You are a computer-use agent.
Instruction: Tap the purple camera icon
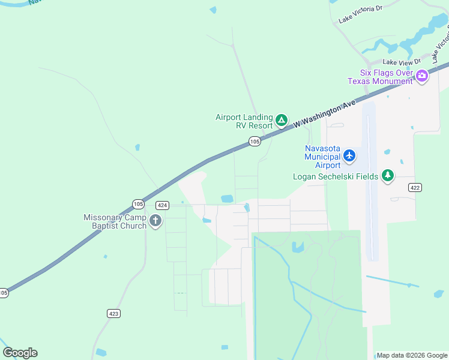[x=422, y=76]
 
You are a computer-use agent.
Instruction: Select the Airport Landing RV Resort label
[x=244, y=121]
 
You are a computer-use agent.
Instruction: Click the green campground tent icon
[x=281, y=121]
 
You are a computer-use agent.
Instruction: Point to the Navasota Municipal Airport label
[x=322, y=157]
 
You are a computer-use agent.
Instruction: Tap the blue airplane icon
[x=349, y=157]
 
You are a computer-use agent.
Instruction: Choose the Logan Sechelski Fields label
[x=336, y=176]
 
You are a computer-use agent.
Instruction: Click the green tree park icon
[x=388, y=175]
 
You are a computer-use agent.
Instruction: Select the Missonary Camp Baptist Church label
[x=115, y=221]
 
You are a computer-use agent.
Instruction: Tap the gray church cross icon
[x=155, y=221]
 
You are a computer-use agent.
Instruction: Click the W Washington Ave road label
[x=325, y=114]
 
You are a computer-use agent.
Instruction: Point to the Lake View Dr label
[x=402, y=61]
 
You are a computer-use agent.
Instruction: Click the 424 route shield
[x=162, y=205]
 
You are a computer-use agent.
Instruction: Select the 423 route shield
[x=114, y=313]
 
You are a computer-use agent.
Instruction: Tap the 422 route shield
[x=414, y=188]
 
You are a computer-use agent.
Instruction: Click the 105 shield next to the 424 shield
[x=139, y=203]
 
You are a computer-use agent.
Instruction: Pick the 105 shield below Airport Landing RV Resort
[x=255, y=142]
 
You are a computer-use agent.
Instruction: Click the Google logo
[x=20, y=353]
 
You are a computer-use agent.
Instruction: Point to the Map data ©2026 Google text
[x=412, y=355]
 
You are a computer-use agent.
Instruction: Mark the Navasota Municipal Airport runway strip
[x=370, y=180]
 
